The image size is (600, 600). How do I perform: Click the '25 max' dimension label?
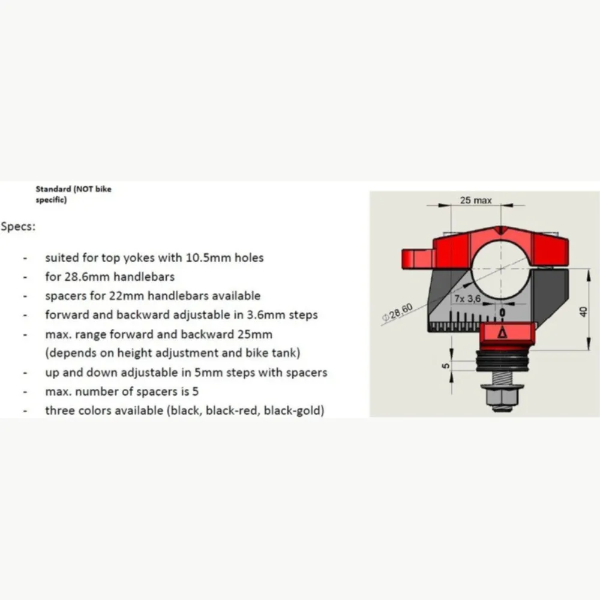[x=476, y=200]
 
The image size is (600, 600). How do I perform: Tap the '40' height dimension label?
[x=583, y=312]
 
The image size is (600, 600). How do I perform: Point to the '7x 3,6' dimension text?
[x=467, y=298]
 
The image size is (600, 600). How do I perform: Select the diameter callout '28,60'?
[x=398, y=312]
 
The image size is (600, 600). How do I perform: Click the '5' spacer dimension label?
[x=446, y=365]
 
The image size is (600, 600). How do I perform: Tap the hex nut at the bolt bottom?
[x=501, y=397]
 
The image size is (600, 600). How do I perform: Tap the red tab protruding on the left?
[x=418, y=258]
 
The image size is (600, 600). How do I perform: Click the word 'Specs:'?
[x=18, y=227]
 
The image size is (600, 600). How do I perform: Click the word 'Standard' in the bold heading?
[x=53, y=189]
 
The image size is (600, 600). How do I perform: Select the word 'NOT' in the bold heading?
[x=85, y=189]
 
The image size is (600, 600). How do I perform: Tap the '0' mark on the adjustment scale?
[x=502, y=313]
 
